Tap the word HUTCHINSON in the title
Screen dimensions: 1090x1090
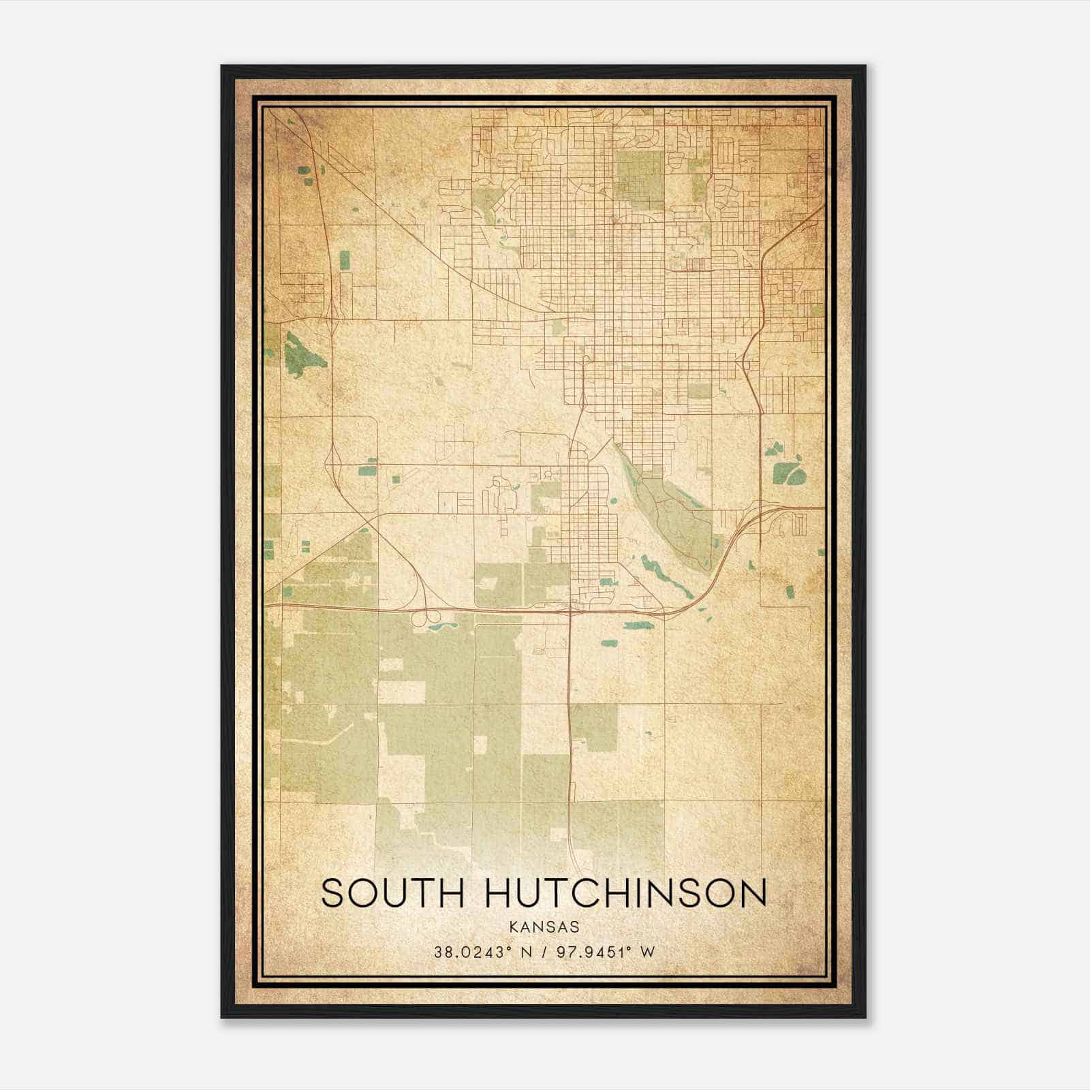click(626, 893)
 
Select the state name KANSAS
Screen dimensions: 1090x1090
click(543, 927)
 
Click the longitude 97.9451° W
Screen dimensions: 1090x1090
click(605, 952)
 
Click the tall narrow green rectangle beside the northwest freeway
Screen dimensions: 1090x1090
click(345, 260)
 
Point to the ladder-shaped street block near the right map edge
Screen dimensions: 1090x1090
click(798, 524)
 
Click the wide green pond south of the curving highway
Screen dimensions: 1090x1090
click(635, 625)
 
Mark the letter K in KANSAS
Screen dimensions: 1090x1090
click(510, 927)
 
